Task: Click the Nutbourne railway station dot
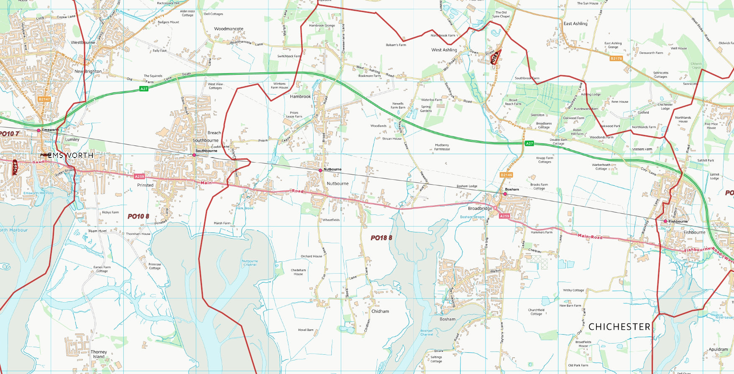(320, 170)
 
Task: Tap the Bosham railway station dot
(505, 194)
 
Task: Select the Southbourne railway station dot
(194, 155)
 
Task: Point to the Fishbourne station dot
(665, 221)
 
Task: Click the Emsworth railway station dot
(38, 130)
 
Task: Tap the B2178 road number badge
(616, 59)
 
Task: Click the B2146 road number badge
(506, 175)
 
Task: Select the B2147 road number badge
(44, 99)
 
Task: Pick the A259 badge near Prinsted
(139, 177)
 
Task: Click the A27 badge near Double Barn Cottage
(529, 143)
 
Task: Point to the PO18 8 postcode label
(381, 238)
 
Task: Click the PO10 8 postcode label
(138, 216)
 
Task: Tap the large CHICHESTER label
(619, 327)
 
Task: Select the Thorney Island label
(99, 354)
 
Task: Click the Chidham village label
(380, 311)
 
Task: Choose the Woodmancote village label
(229, 29)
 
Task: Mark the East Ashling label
(575, 24)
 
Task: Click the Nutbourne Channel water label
(250, 263)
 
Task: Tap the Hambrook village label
(300, 97)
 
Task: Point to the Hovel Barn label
(306, 330)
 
